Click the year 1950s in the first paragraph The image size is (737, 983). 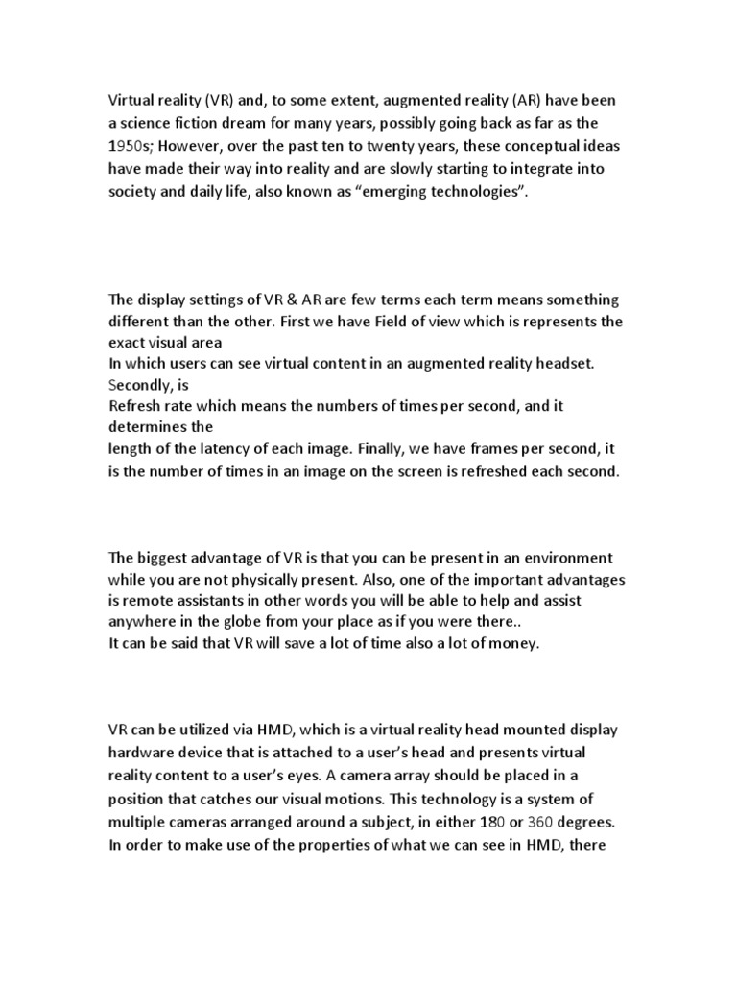tap(130, 145)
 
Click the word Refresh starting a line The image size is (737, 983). tap(136, 405)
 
